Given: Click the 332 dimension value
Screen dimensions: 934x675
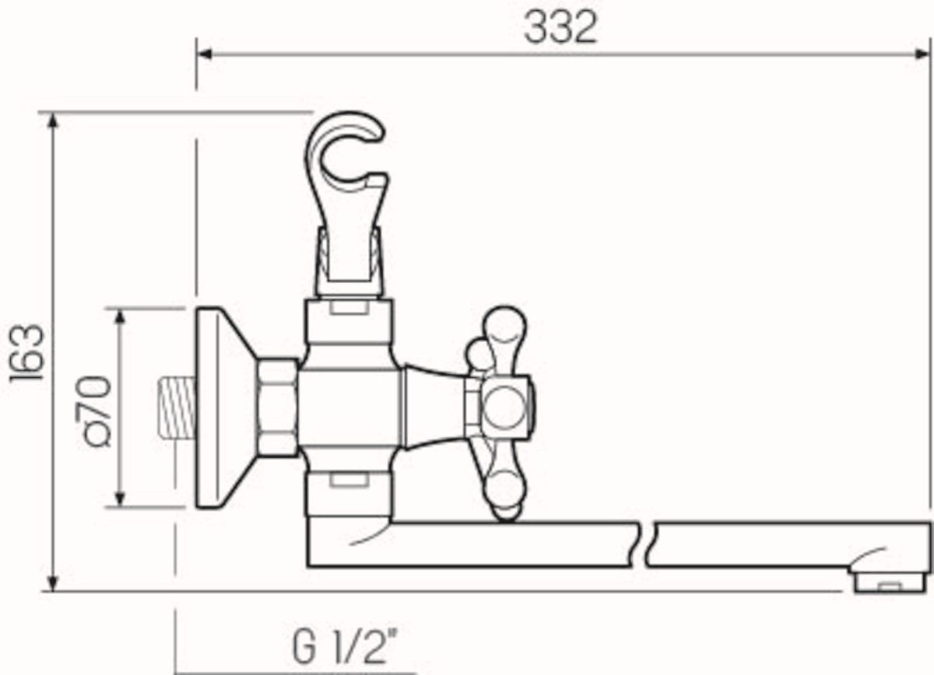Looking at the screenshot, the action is pyautogui.click(x=561, y=28).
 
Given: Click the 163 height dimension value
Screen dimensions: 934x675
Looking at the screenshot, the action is pyautogui.click(x=27, y=352).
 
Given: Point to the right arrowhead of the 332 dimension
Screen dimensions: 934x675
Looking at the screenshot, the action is pyautogui.click(x=922, y=54).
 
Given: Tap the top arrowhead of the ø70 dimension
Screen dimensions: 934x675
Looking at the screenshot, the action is pyautogui.click(x=120, y=317).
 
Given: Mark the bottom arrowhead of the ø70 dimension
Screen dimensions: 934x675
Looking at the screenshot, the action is pyautogui.click(x=120, y=499).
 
